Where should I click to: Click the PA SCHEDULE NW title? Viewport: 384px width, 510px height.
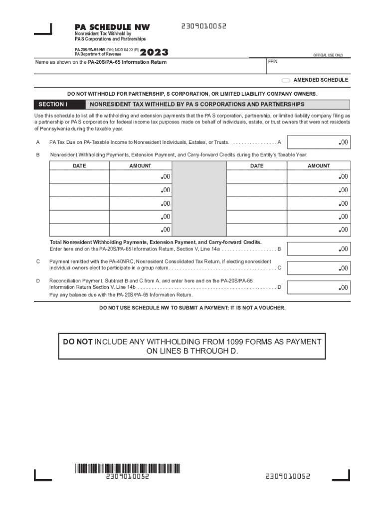coord(112,27)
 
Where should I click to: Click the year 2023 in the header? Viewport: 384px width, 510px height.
coord(155,53)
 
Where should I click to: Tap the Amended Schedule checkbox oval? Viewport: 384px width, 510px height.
coord(286,80)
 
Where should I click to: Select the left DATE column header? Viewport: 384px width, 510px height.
coord(79,166)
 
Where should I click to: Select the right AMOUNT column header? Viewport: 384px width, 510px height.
coord(319,166)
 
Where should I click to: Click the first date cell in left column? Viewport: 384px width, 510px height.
coord(79,177)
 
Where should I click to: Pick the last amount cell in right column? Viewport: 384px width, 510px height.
coord(319,230)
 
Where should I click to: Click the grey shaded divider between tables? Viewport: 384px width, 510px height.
coord(200,199)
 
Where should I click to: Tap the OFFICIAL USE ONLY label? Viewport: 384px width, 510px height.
coord(328,55)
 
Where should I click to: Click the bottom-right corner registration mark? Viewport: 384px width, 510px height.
coord(343,476)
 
